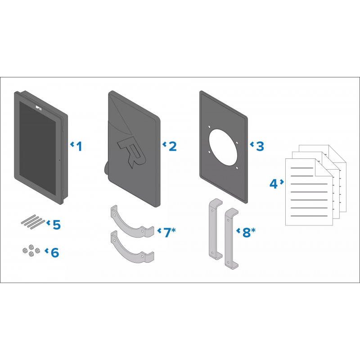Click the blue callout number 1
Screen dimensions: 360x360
point(80,147)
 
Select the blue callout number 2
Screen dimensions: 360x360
point(173,147)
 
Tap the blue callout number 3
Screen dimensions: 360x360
point(260,147)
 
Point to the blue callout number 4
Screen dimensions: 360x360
point(274,184)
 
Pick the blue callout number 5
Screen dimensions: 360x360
point(57,225)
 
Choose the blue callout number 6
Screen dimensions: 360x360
point(55,252)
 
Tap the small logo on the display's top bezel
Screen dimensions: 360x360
point(39,108)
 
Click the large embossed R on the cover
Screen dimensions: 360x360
point(131,152)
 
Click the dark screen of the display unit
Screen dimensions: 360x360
point(37,148)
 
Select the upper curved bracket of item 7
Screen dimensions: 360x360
point(132,225)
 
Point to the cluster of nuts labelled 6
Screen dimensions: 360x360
point(31,251)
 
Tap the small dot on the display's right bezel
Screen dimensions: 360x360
point(59,160)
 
